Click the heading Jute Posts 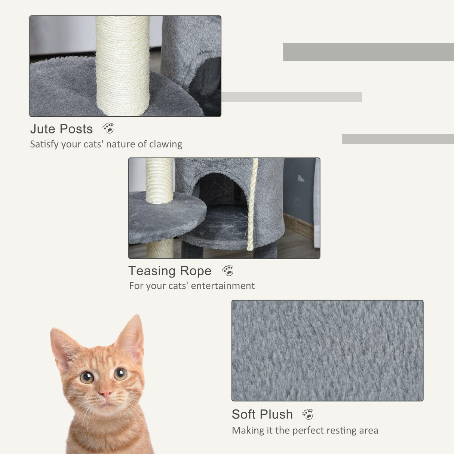61,129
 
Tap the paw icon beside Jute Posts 108,128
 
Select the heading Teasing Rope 170,271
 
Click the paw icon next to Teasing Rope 228,270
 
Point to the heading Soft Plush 262,414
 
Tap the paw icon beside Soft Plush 307,414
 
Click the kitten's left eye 87,377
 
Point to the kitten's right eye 120,374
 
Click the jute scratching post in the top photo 123,65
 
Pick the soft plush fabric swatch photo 327,350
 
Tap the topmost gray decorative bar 368,52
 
